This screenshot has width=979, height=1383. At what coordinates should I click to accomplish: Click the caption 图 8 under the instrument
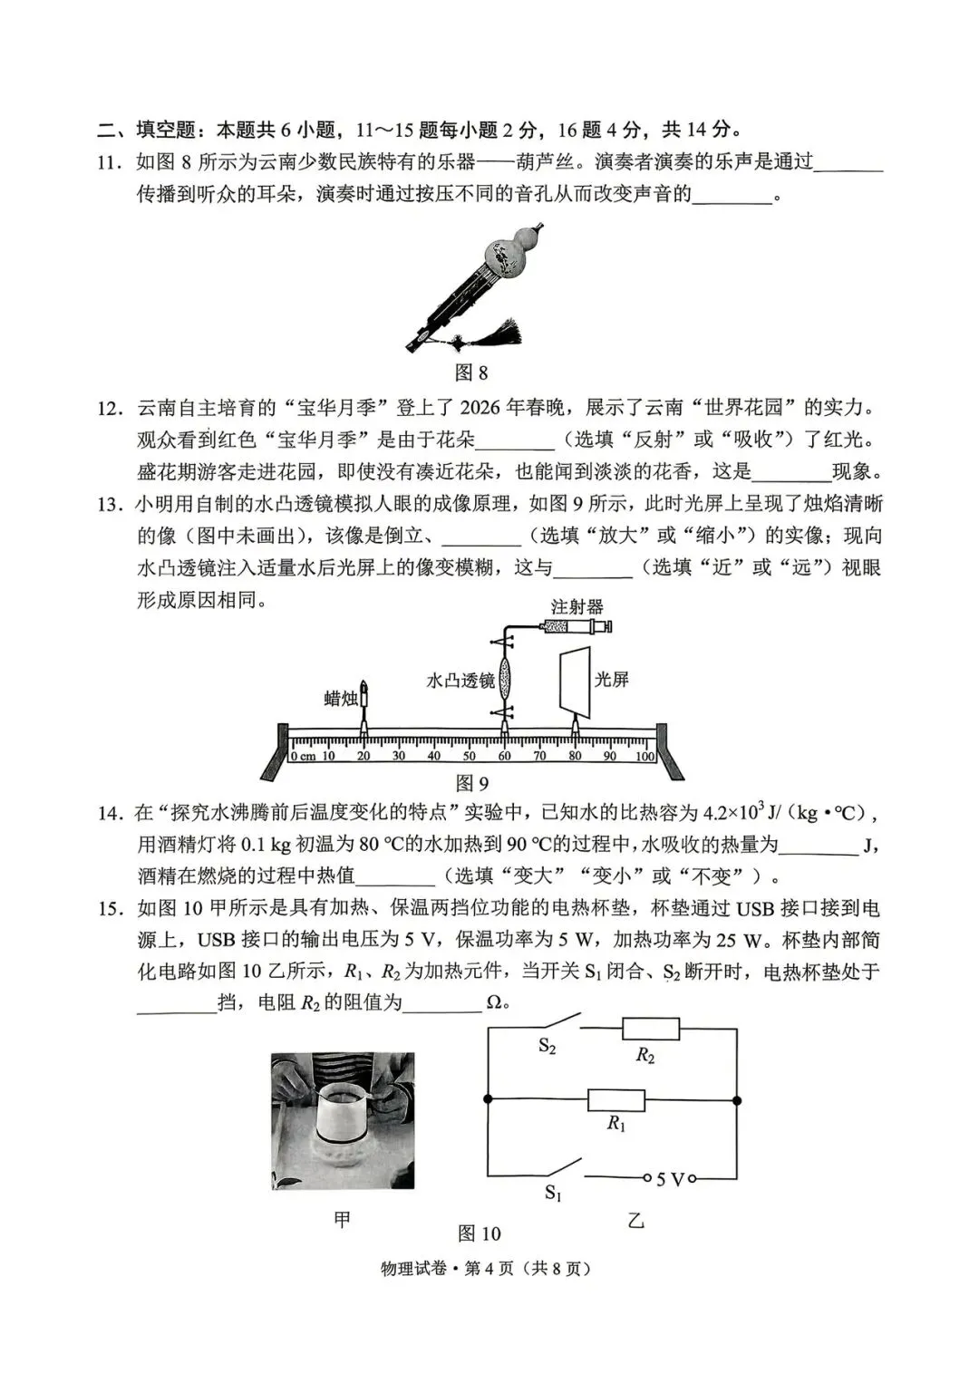(470, 372)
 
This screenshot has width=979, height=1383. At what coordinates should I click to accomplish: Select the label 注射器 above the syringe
(577, 606)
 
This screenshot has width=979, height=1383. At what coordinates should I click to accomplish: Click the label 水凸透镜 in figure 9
(460, 680)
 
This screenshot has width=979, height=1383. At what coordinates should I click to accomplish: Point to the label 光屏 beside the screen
(612, 679)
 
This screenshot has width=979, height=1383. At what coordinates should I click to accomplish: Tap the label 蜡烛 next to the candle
(341, 698)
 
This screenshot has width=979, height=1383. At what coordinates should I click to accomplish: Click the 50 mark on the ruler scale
(469, 756)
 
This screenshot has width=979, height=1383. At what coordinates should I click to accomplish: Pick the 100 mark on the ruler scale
(644, 756)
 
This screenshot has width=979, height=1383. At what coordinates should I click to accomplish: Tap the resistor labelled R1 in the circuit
(616, 1100)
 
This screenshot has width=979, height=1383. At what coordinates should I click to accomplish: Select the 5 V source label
(670, 1179)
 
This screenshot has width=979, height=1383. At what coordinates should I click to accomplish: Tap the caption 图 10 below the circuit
(479, 1233)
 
